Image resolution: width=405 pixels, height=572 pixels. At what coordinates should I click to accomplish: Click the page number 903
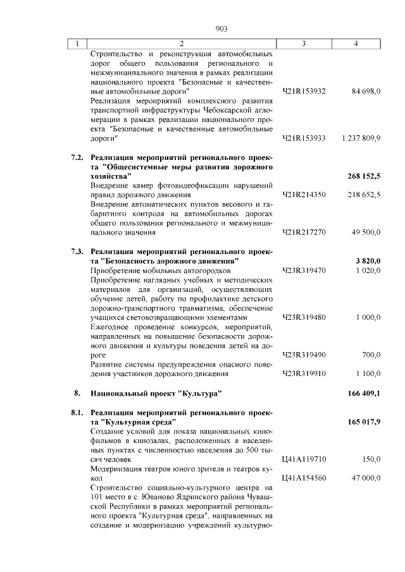(221, 28)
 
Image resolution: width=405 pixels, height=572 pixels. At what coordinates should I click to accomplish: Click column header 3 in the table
(304, 44)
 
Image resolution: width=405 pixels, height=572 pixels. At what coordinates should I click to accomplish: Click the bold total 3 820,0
(367, 261)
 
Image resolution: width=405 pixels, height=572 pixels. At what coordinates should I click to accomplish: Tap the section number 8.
(77, 392)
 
